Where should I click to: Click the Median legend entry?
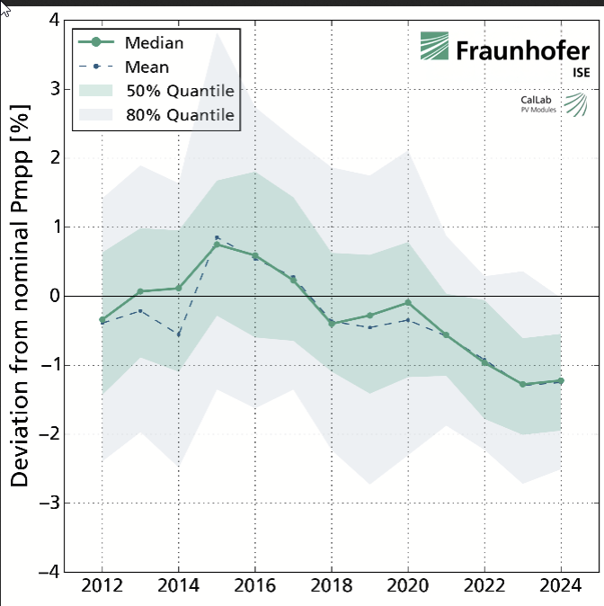click(x=155, y=43)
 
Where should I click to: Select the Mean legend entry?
click(x=147, y=67)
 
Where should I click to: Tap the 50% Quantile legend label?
click(x=180, y=91)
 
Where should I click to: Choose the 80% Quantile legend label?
click(x=180, y=115)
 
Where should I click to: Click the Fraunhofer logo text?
click(x=521, y=50)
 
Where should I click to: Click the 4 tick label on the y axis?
click(x=56, y=20)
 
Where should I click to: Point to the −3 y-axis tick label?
click(x=50, y=503)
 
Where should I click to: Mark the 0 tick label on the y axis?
click(x=56, y=296)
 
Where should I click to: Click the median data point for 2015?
click(x=217, y=245)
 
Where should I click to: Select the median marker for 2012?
click(x=102, y=319)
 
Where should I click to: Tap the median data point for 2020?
click(x=408, y=303)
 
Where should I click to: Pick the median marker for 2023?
click(x=523, y=384)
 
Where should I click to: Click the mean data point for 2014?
click(x=179, y=334)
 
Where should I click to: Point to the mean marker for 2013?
click(x=140, y=310)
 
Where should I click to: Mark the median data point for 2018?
click(x=332, y=323)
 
